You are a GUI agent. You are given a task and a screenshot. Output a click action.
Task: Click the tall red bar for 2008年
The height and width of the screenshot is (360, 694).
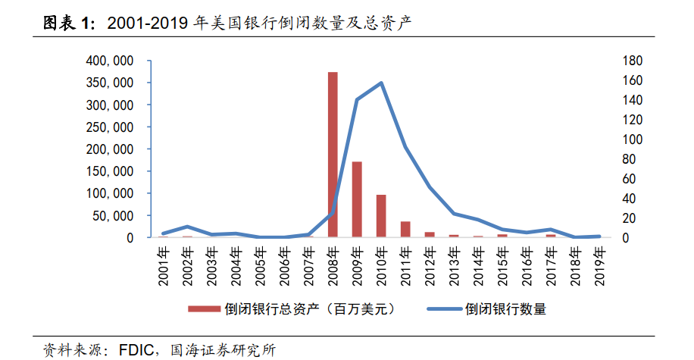[333, 155]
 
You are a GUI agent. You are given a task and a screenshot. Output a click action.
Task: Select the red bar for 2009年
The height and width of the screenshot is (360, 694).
[357, 199]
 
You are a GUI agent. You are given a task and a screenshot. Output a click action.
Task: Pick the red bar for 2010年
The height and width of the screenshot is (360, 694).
[381, 216]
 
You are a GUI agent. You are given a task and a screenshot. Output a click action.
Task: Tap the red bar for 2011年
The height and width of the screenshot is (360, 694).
[405, 230]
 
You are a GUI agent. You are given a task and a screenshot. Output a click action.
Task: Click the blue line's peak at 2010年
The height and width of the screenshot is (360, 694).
[381, 83]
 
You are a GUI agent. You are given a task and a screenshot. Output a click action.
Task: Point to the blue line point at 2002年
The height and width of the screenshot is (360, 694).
[187, 227]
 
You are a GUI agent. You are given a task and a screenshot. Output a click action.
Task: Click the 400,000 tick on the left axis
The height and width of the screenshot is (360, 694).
[110, 61]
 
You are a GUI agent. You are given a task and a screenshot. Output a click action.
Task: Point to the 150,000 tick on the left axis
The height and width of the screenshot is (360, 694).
[110, 171]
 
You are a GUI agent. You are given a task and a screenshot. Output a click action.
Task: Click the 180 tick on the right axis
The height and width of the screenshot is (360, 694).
[633, 61]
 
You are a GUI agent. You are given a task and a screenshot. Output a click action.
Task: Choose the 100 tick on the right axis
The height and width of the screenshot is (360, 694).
[633, 139]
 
